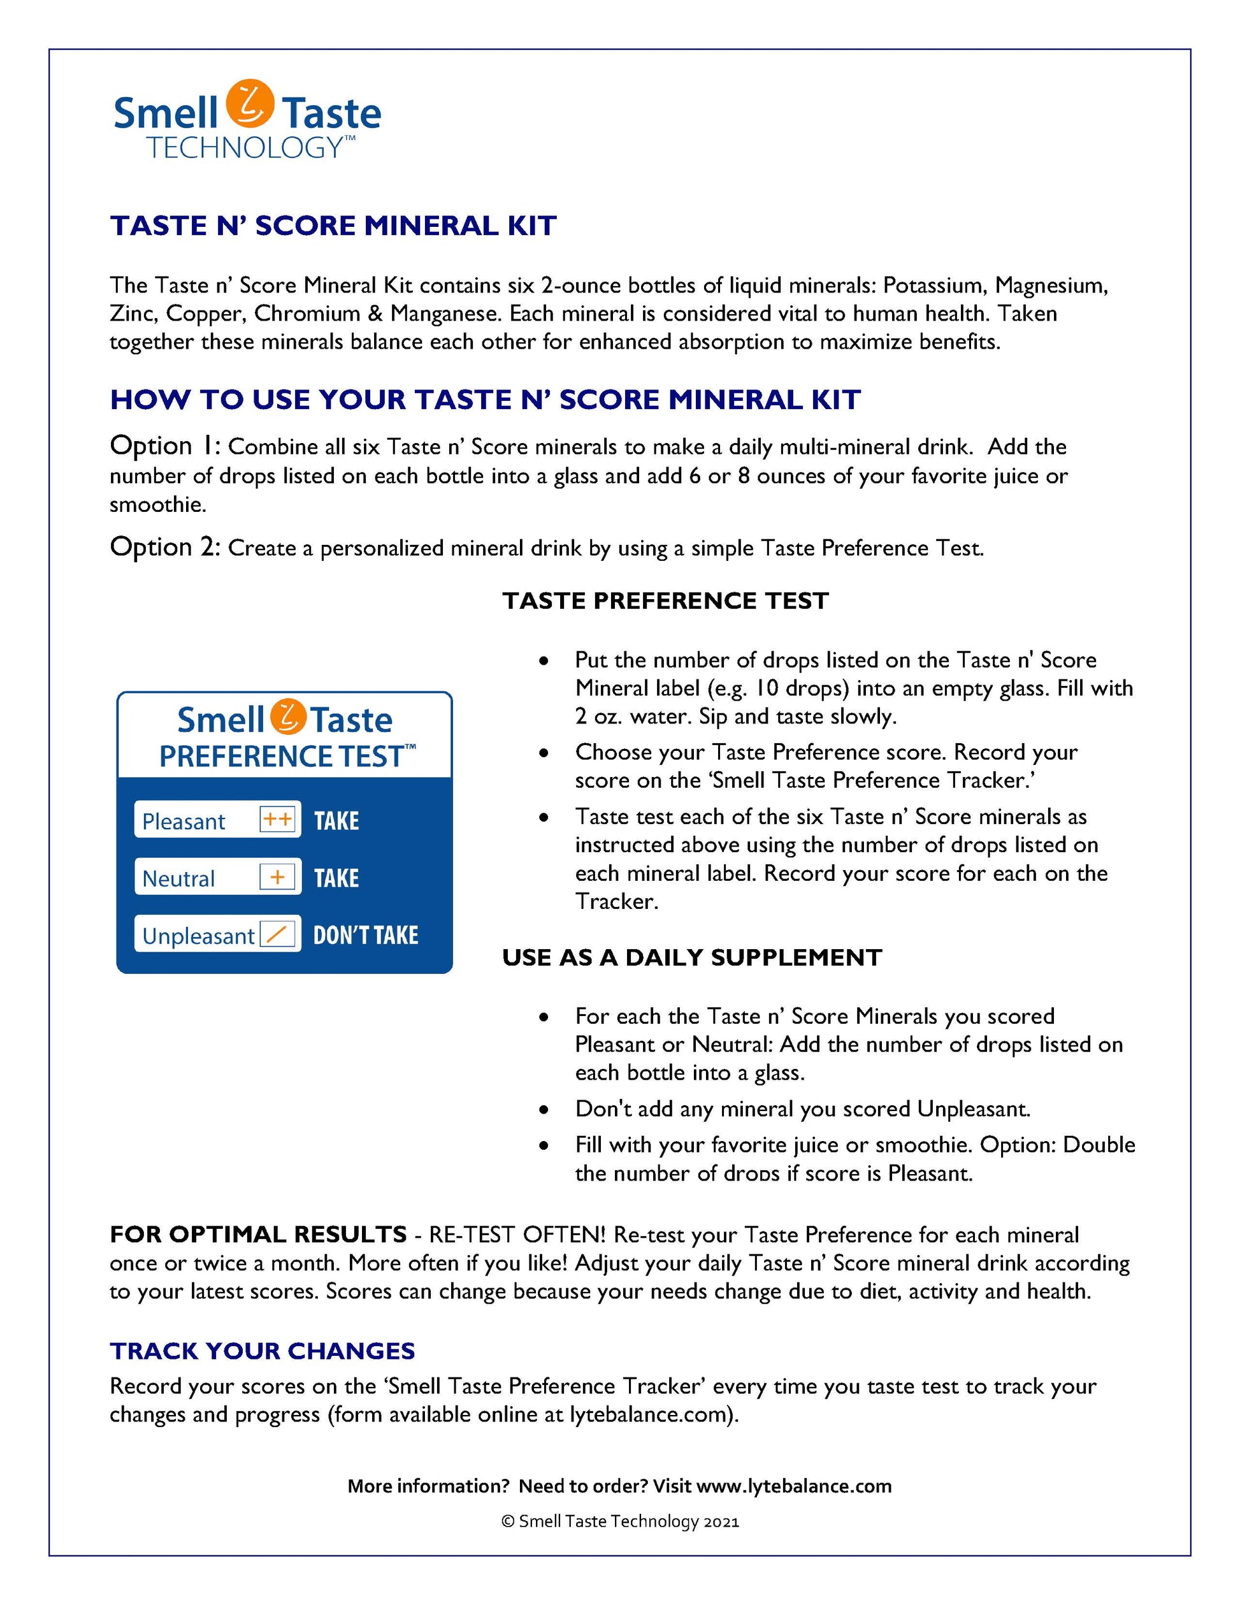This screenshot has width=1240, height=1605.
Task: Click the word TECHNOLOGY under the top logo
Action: point(246,148)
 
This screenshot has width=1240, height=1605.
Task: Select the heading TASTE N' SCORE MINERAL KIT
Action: point(333,226)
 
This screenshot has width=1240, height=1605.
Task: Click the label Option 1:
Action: point(164,446)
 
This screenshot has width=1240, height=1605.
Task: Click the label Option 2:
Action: point(164,548)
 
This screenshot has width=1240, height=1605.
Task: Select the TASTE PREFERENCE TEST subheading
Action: point(665,600)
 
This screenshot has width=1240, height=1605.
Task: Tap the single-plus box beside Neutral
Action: point(278,876)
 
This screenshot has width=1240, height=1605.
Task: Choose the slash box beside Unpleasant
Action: point(278,934)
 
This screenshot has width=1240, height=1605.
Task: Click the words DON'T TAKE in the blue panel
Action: point(365,935)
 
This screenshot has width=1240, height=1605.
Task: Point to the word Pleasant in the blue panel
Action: point(184,821)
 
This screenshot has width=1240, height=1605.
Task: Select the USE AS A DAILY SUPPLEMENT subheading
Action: point(692,957)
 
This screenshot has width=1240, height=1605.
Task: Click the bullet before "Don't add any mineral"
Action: point(544,1110)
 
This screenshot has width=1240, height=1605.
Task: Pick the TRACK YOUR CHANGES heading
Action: point(263,1351)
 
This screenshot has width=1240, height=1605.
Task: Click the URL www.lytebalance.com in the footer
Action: point(793,1486)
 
